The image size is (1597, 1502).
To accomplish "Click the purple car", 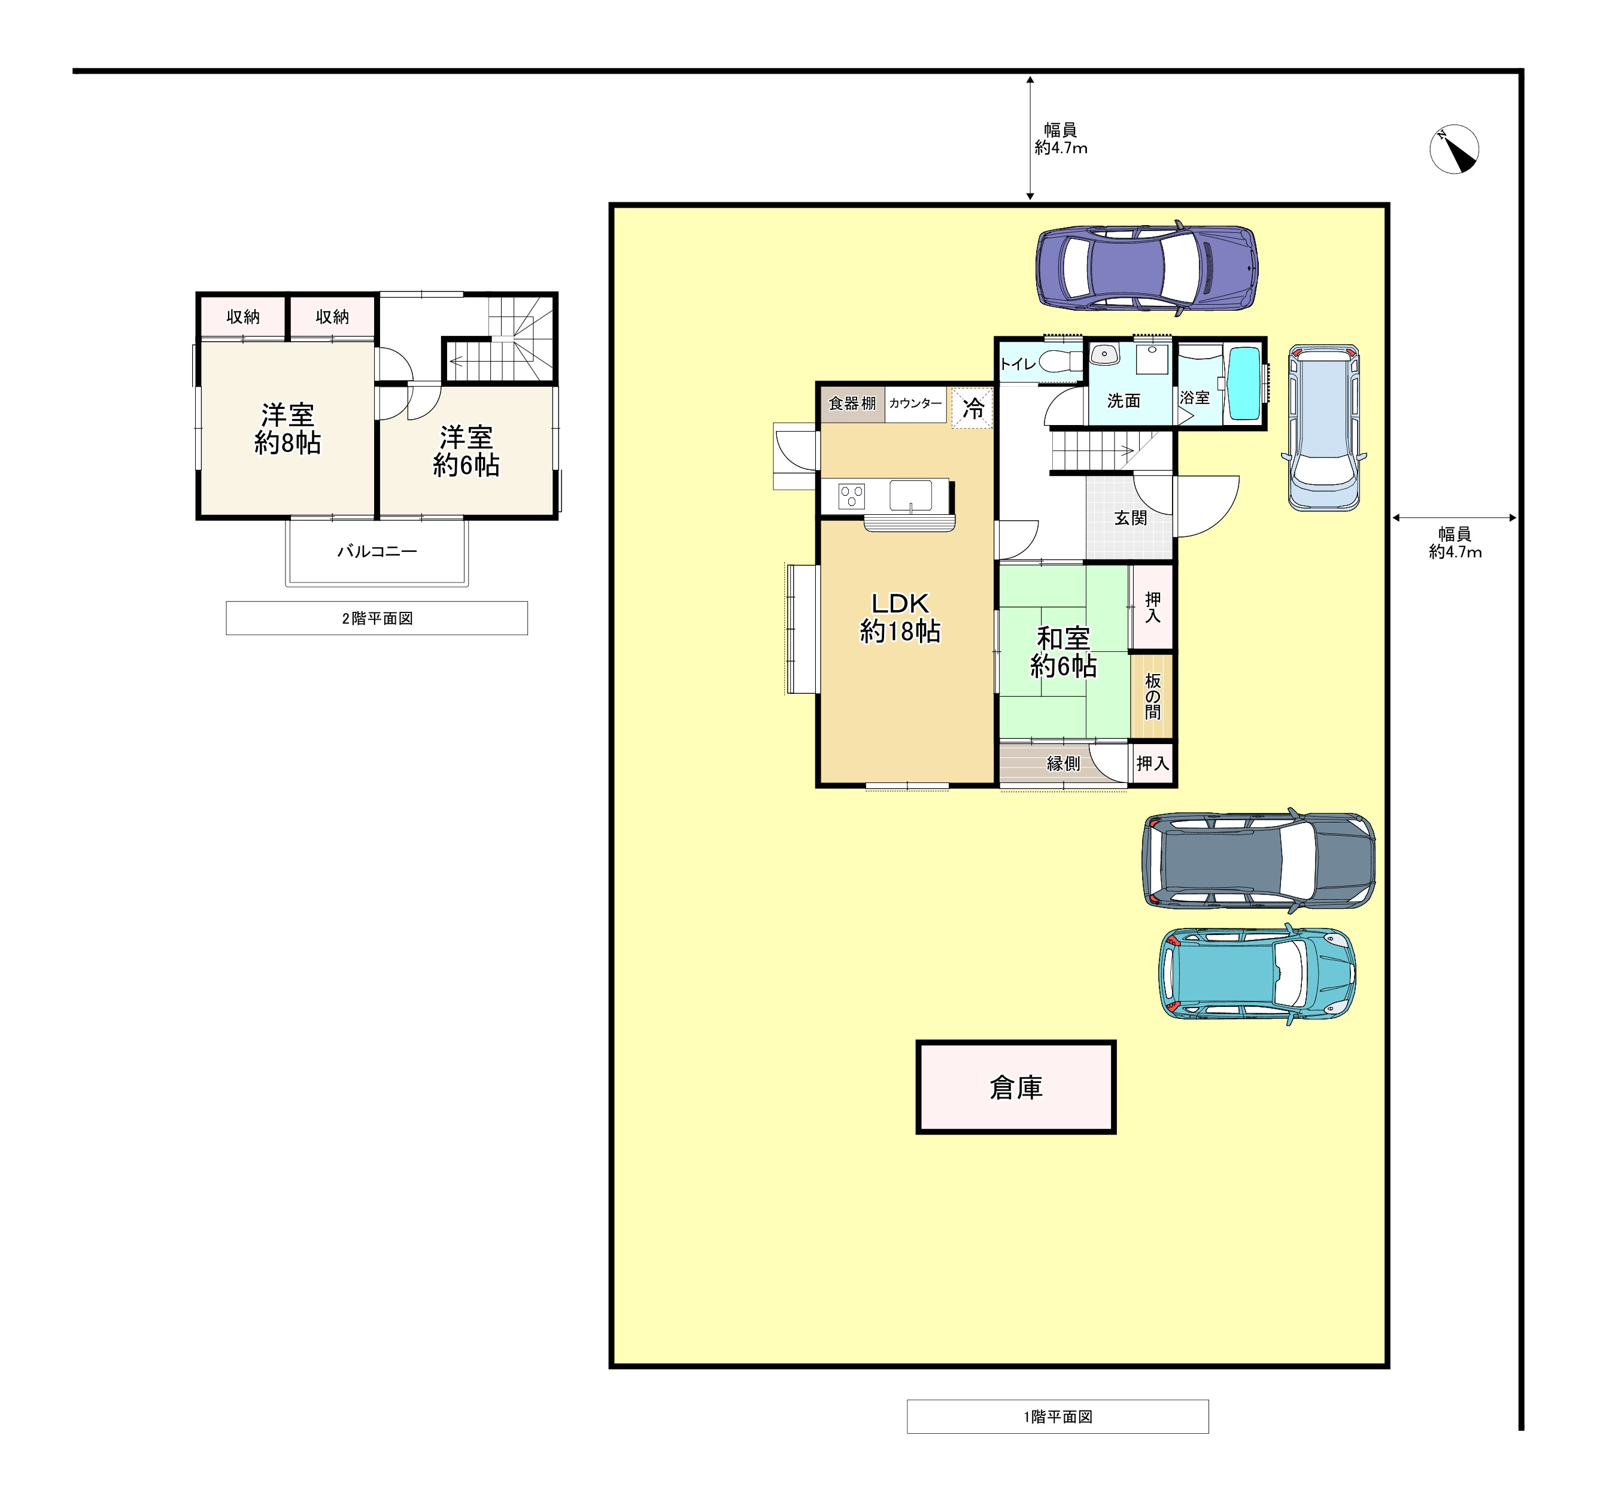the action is tap(1146, 268).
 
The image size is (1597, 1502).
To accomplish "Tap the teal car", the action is tap(1256, 974).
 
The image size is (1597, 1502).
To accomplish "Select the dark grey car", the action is tap(1258, 860).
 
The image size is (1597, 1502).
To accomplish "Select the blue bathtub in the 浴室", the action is tap(1244, 384).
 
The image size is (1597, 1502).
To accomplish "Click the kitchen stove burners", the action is tap(852, 496).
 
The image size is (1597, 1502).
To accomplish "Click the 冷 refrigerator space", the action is tap(972, 408).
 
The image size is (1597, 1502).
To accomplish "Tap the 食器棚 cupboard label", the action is tap(852, 403).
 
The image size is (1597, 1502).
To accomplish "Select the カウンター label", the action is tap(915, 403).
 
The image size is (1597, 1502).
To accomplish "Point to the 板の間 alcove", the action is tap(1152, 696).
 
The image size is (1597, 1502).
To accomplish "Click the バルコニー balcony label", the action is tap(377, 551).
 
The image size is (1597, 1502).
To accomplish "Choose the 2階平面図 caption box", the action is tap(377, 618).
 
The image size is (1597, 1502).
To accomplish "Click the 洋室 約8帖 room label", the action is tap(287, 429).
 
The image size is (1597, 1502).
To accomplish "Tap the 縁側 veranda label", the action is tap(1063, 763).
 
